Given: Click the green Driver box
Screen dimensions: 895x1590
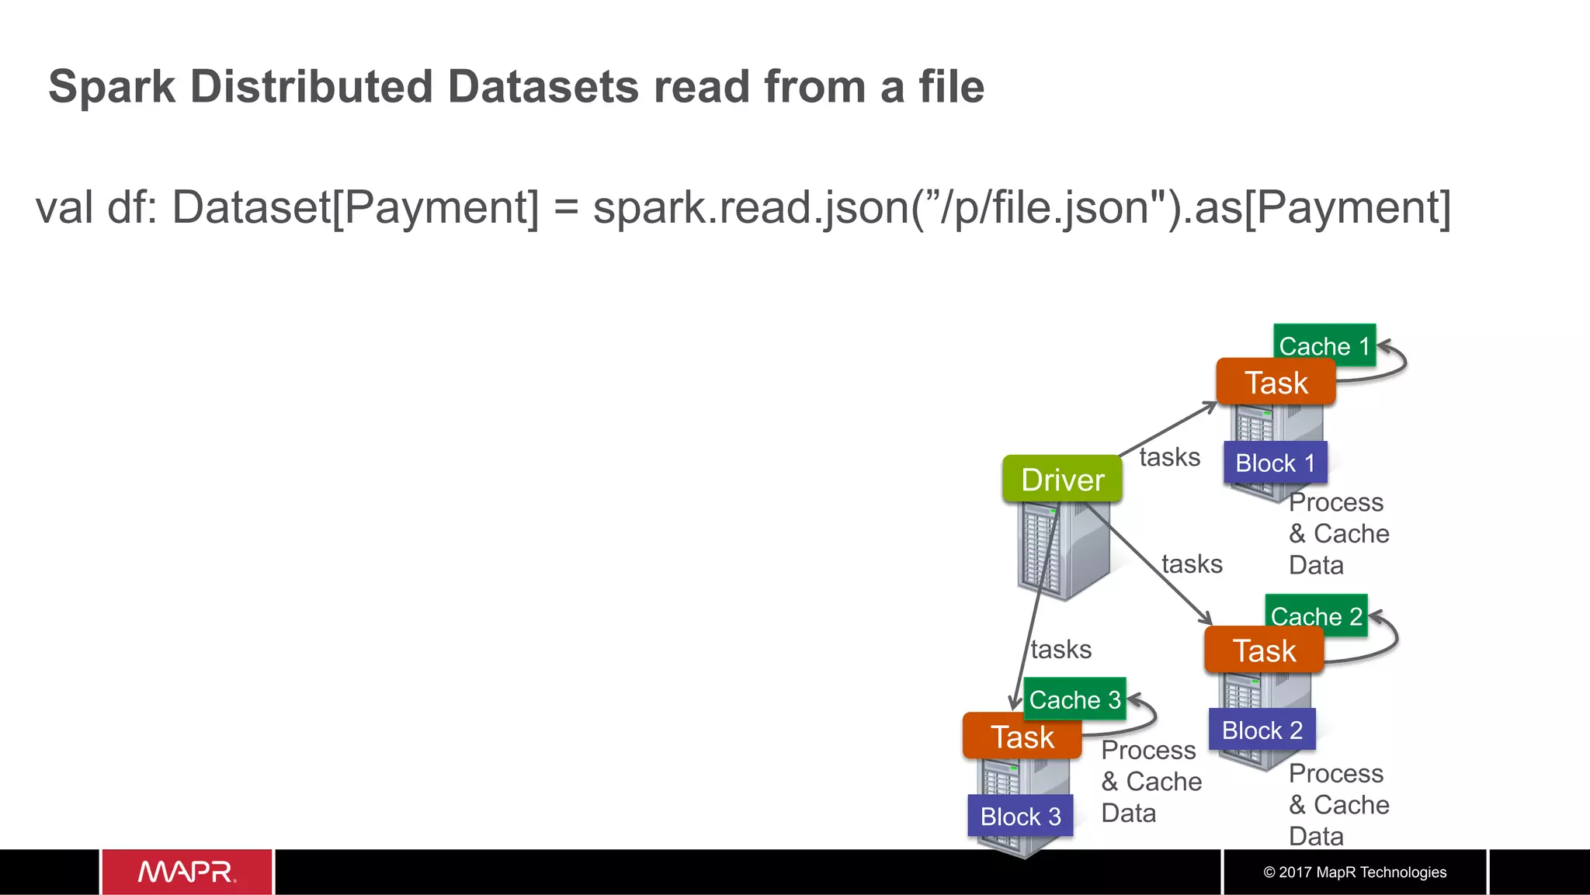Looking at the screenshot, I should point(1062,479).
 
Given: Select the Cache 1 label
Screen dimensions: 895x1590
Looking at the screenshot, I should point(1324,345).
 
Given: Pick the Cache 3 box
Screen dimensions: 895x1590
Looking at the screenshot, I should point(1074,699).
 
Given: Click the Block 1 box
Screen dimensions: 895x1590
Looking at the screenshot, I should point(1275,463).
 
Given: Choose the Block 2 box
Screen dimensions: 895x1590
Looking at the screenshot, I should point(1262,730).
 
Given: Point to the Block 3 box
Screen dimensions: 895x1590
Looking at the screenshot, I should point(1020,816).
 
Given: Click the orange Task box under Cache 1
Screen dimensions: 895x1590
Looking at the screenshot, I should point(1276,383).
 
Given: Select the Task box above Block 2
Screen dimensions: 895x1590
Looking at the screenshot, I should point(1264,650).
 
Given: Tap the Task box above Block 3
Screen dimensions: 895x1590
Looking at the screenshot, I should point(1022,737).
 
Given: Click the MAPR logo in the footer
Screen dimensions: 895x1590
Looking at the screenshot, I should point(186,872).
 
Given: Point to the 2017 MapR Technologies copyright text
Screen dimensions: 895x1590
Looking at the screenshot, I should point(1355,872).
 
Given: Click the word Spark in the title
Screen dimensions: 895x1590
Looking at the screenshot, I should point(112,86).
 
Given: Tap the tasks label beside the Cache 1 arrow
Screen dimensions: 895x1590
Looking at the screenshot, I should point(1169,457).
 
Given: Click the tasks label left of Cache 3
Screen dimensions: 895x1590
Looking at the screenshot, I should point(1061,649).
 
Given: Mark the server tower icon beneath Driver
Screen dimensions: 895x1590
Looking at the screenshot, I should point(1062,551).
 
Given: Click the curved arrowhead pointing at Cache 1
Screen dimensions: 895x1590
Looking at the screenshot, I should point(1383,346).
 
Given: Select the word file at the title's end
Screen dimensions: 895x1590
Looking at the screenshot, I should point(951,86).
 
